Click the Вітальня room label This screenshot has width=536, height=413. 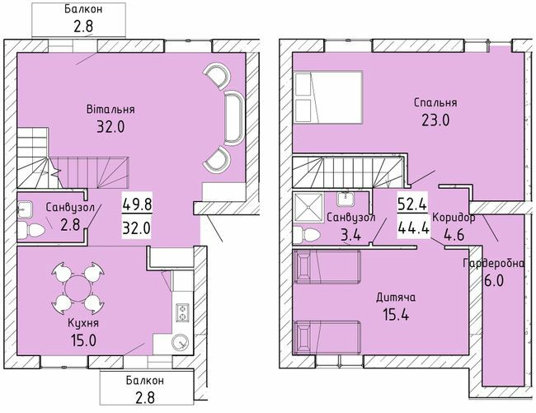pyautogui.click(x=110, y=109)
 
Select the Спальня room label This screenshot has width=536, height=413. pyautogui.click(x=435, y=103)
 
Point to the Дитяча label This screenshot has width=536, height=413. pyautogui.click(x=395, y=297)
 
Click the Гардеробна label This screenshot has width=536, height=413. pyautogui.click(x=494, y=263)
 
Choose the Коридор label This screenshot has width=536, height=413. pyautogui.click(x=454, y=218)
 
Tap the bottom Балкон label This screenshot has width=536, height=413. pyautogui.click(x=145, y=380)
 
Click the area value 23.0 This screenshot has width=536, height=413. pyautogui.click(x=435, y=120)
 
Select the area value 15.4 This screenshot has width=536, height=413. pyautogui.click(x=395, y=313)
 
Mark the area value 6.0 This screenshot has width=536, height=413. pyautogui.click(x=493, y=279)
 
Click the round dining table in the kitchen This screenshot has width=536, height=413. pyautogui.click(x=77, y=289)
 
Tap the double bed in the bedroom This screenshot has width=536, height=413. pyautogui.click(x=328, y=96)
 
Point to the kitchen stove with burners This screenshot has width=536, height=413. pyautogui.click(x=181, y=312)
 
